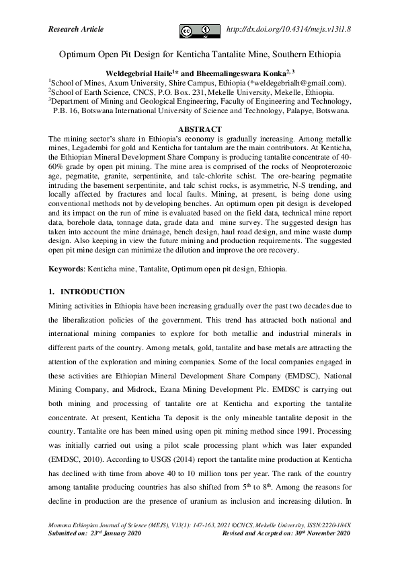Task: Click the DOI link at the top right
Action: point(290,30)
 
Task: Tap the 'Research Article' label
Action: point(77,29)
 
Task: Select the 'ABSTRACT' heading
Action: point(200,128)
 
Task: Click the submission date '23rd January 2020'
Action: point(117,533)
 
